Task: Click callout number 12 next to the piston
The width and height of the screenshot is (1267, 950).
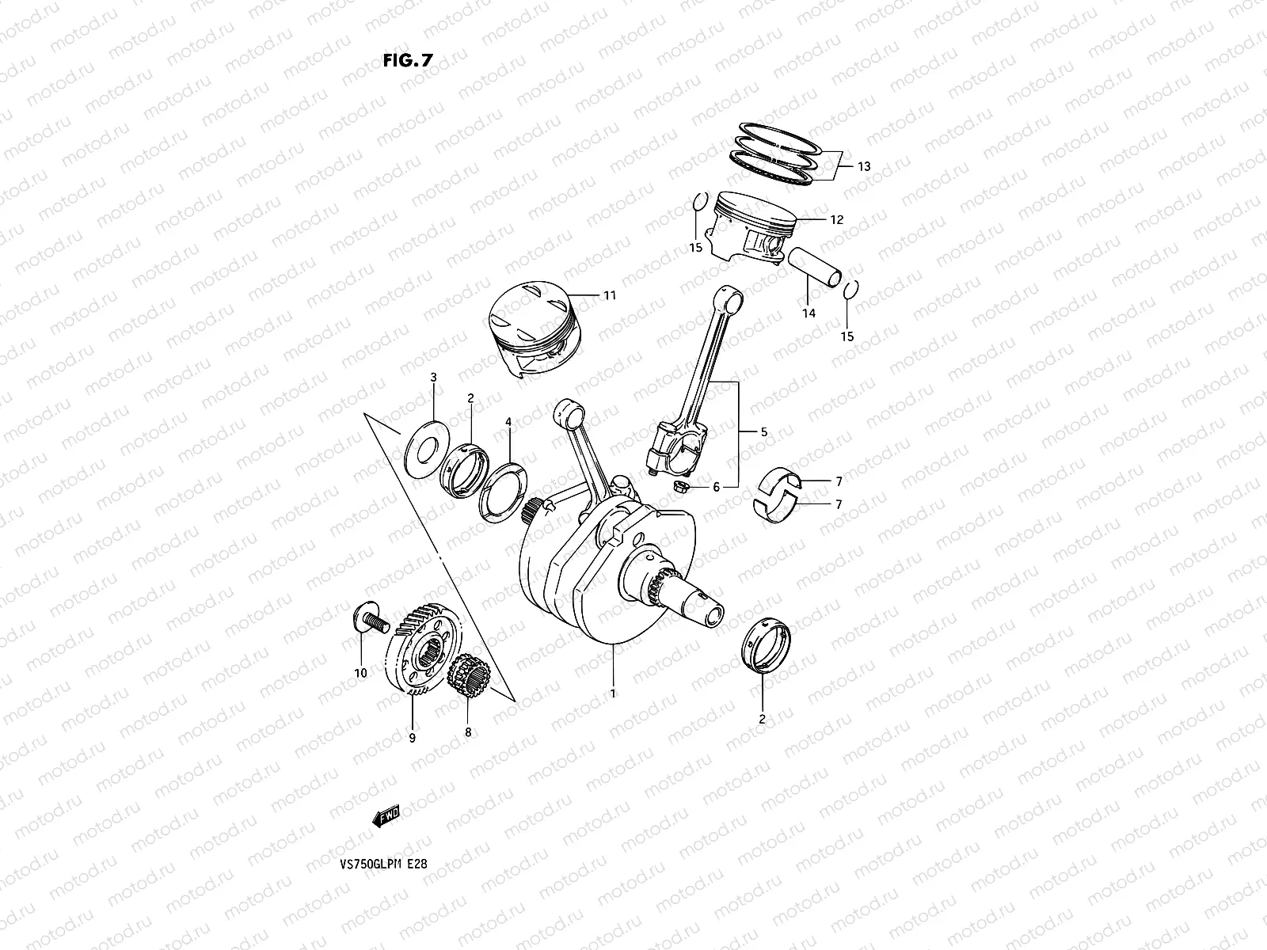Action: tap(836, 219)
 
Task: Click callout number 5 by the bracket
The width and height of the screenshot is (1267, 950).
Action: tap(763, 432)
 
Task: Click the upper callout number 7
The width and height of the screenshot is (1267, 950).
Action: tap(839, 481)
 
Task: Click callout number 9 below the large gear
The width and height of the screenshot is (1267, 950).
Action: tap(413, 738)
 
